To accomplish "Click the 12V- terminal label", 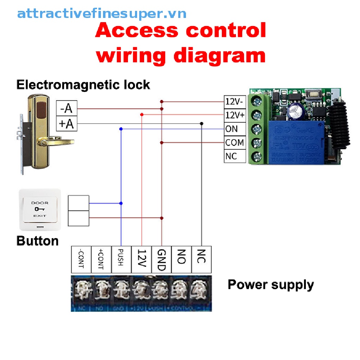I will click(235, 102).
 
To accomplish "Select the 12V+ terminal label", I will click(235, 115).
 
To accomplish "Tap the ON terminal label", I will click(232, 129).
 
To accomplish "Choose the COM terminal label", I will click(235, 143).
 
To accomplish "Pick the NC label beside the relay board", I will click(231, 156).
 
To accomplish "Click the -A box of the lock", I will click(66, 109).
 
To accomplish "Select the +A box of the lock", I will click(66, 123).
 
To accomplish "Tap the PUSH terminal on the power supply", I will click(121, 259).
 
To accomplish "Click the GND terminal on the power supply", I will click(161, 259).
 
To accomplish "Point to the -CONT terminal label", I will click(81, 259).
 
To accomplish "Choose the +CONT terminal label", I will click(101, 259).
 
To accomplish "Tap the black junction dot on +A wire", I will click(201, 123).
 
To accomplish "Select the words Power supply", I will click(270, 284).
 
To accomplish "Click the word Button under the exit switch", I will click(38, 241).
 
